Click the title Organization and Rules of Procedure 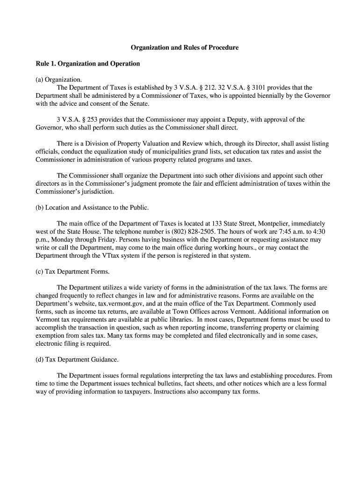pos(184,48)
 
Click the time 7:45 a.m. pos(274,232)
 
